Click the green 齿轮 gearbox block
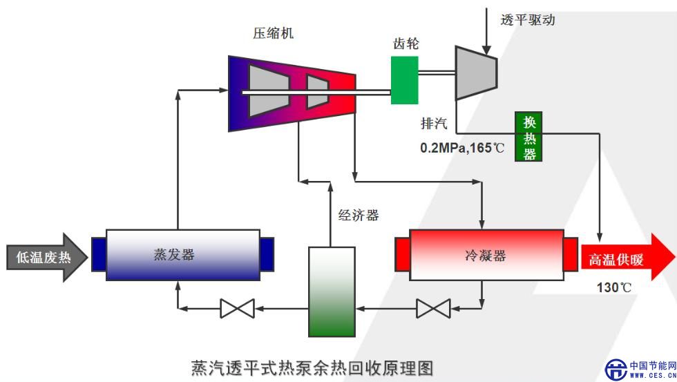click(404, 79)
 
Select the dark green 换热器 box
click(529, 137)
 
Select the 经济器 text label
click(358, 215)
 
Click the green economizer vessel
click(330, 290)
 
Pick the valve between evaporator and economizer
click(237, 307)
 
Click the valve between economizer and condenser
click(433, 307)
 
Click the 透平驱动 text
click(527, 19)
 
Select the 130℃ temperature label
click(614, 288)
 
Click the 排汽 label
click(435, 124)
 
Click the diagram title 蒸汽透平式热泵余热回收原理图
click(313, 367)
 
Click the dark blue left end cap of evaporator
click(98, 254)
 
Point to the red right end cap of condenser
click(571, 254)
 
